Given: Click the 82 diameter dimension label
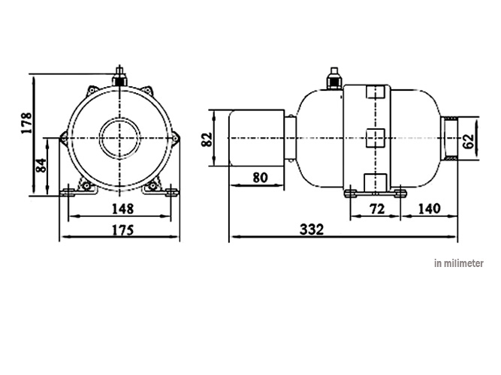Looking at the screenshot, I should coord(208,139).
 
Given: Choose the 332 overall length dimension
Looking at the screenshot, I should coord(315,229).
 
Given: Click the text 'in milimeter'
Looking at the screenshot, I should coord(458,263).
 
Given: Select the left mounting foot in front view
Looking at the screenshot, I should coord(71,193).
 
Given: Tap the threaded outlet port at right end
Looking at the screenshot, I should coord(449,139).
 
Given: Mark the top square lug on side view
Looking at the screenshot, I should coord(374,94).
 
